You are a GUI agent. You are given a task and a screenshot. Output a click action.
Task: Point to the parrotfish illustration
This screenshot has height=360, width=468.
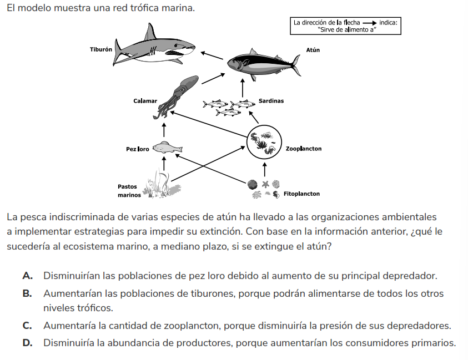point(167,148)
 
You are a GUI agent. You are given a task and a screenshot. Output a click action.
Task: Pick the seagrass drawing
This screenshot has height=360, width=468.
point(161,184)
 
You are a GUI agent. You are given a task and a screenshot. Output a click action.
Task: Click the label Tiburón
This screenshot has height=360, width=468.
point(101,49)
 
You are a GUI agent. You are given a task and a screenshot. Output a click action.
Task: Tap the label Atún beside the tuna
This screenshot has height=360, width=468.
point(313,50)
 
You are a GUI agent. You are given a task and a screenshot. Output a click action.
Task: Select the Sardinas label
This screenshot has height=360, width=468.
point(271,101)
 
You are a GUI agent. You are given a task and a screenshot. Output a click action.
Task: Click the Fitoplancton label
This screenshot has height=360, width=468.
point(301,194)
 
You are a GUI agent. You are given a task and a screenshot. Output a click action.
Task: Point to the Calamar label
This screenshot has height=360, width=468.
point(145,101)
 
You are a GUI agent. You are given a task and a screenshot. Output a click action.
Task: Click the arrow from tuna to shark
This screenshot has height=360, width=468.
point(212,56)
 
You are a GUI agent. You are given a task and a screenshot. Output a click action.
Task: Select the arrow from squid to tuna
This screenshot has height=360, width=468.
point(213,78)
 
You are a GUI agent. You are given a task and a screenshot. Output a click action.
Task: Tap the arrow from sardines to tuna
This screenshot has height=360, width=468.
point(243,88)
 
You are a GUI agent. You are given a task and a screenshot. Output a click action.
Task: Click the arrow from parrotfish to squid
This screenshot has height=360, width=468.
point(164,130)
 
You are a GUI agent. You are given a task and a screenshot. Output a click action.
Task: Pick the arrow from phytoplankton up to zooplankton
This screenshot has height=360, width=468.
point(264,170)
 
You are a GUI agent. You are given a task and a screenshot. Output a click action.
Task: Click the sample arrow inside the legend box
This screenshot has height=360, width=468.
point(370,23)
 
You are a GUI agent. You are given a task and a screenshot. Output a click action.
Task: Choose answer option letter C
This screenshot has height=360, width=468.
point(27,326)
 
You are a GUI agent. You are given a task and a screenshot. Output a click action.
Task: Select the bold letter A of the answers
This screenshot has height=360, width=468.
point(27,276)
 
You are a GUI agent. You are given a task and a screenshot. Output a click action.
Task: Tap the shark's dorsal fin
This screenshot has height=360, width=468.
point(150,32)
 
